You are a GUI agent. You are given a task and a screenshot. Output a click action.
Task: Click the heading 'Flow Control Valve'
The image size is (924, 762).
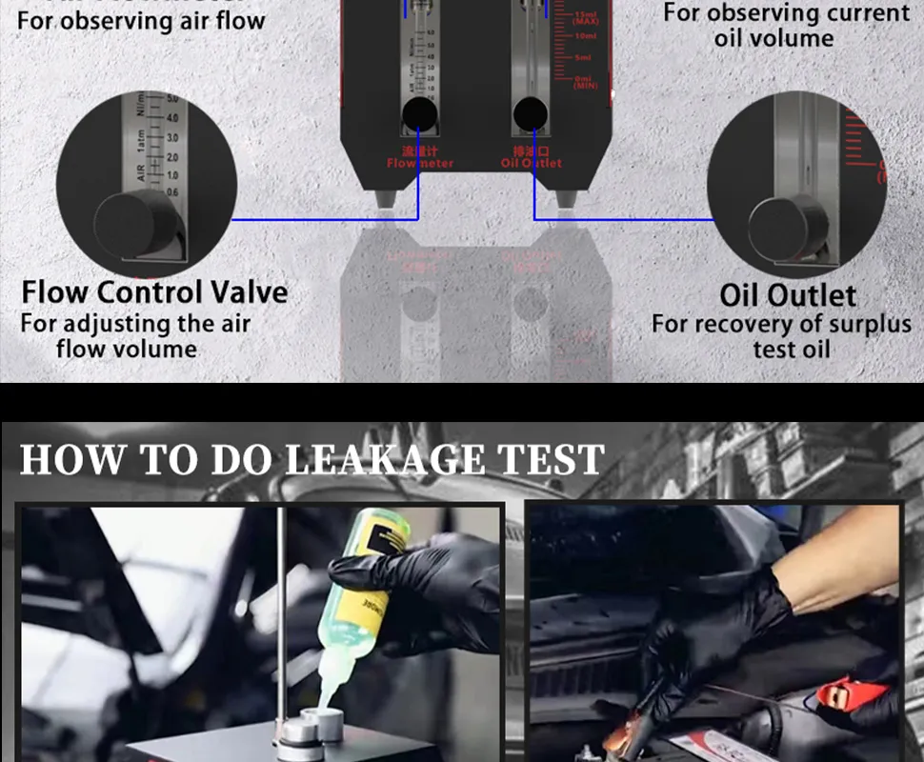[154, 291]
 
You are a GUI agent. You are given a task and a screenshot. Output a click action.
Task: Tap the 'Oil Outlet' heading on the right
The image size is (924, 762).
[788, 295]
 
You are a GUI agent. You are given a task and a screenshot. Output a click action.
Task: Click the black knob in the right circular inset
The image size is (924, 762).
[787, 228]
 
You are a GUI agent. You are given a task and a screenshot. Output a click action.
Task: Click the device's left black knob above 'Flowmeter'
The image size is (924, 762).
[419, 116]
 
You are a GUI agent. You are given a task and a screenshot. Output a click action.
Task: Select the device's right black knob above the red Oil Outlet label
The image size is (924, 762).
[531, 115]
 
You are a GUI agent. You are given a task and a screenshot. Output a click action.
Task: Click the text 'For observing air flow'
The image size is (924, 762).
[141, 21]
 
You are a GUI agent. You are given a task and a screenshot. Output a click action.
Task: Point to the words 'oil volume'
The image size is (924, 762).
[773, 39]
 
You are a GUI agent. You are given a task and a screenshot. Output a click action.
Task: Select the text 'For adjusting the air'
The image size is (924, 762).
[135, 323]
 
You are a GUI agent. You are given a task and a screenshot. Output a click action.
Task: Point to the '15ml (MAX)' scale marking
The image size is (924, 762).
[585, 19]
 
